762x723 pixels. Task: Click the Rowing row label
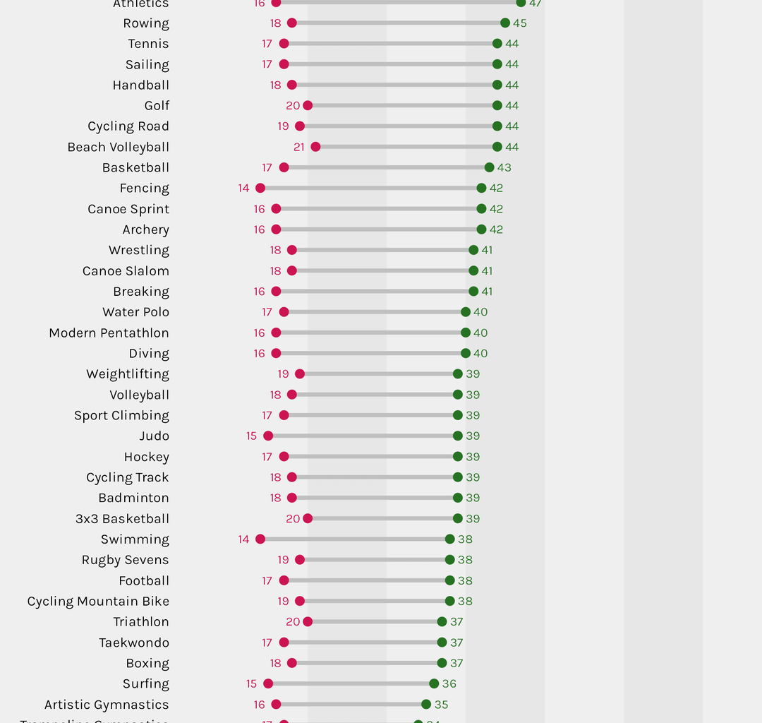(146, 23)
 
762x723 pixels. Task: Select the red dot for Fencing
(260, 188)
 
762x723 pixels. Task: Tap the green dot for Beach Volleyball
(497, 147)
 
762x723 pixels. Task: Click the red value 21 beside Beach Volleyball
(299, 147)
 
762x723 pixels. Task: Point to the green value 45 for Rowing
(520, 23)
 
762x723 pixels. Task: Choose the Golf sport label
(157, 106)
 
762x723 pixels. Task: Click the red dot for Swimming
(260, 539)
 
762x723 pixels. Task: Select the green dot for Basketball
(490, 167)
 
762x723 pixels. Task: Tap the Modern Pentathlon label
(109, 333)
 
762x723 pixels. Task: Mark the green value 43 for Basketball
(504, 167)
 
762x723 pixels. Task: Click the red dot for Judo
(268, 436)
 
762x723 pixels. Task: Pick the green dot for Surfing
(434, 683)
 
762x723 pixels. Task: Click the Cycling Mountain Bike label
(98, 602)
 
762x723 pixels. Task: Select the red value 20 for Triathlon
(293, 622)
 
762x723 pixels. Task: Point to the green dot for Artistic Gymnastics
(426, 704)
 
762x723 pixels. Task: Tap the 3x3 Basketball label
(123, 519)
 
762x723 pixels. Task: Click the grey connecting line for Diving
(370, 353)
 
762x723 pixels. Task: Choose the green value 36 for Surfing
(449, 683)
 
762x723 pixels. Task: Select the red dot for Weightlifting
(300, 374)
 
